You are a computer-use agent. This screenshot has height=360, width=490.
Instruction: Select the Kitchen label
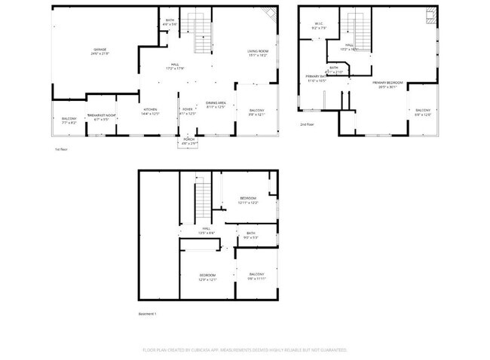pos(150,112)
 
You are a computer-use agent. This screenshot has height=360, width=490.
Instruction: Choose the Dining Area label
pos(216,105)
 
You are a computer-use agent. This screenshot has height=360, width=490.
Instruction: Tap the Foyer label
pos(188,111)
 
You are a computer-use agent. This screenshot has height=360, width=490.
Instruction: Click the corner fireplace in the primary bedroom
pos(431,16)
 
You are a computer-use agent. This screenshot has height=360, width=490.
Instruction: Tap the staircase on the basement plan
pos(202,200)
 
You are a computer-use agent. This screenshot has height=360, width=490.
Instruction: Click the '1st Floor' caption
pos(62,149)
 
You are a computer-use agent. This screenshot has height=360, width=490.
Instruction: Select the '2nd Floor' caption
pos(307,124)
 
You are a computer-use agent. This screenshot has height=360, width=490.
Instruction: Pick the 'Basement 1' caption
pos(147,313)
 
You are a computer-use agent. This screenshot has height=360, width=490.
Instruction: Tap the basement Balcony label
pos(257,276)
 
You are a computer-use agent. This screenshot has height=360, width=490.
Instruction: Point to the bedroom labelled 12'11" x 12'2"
pos(249,200)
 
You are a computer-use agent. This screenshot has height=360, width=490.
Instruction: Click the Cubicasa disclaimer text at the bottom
pos(244,349)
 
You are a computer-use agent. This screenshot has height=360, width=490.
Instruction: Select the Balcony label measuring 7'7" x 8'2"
pos(69,121)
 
